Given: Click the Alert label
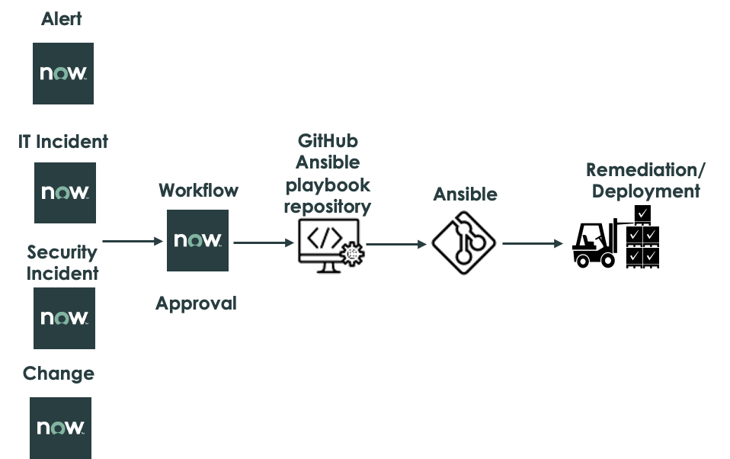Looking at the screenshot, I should point(62,19).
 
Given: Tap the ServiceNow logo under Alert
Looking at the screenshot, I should point(63,73).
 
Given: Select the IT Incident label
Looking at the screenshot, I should point(63,141).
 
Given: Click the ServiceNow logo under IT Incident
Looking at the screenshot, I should point(65,193).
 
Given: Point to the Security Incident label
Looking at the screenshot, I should point(62,262).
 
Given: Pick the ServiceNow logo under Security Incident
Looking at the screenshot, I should point(64,318).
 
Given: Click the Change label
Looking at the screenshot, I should point(59,374).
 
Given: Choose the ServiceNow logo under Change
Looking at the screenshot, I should point(60,428).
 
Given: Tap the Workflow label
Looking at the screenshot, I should point(198,190).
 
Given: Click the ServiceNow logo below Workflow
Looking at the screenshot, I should point(197,240).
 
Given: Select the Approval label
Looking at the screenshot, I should point(197,303).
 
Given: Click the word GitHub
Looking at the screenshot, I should point(328,141).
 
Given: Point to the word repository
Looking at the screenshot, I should point(328,207).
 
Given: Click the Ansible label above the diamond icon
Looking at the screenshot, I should point(465,194).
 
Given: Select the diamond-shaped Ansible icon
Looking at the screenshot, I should point(463,243).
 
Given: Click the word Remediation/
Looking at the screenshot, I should point(646,169).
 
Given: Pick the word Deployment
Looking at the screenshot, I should point(646,191).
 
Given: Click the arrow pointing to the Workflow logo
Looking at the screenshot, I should point(133,242).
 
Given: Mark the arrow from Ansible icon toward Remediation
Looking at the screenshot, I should point(533,244).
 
